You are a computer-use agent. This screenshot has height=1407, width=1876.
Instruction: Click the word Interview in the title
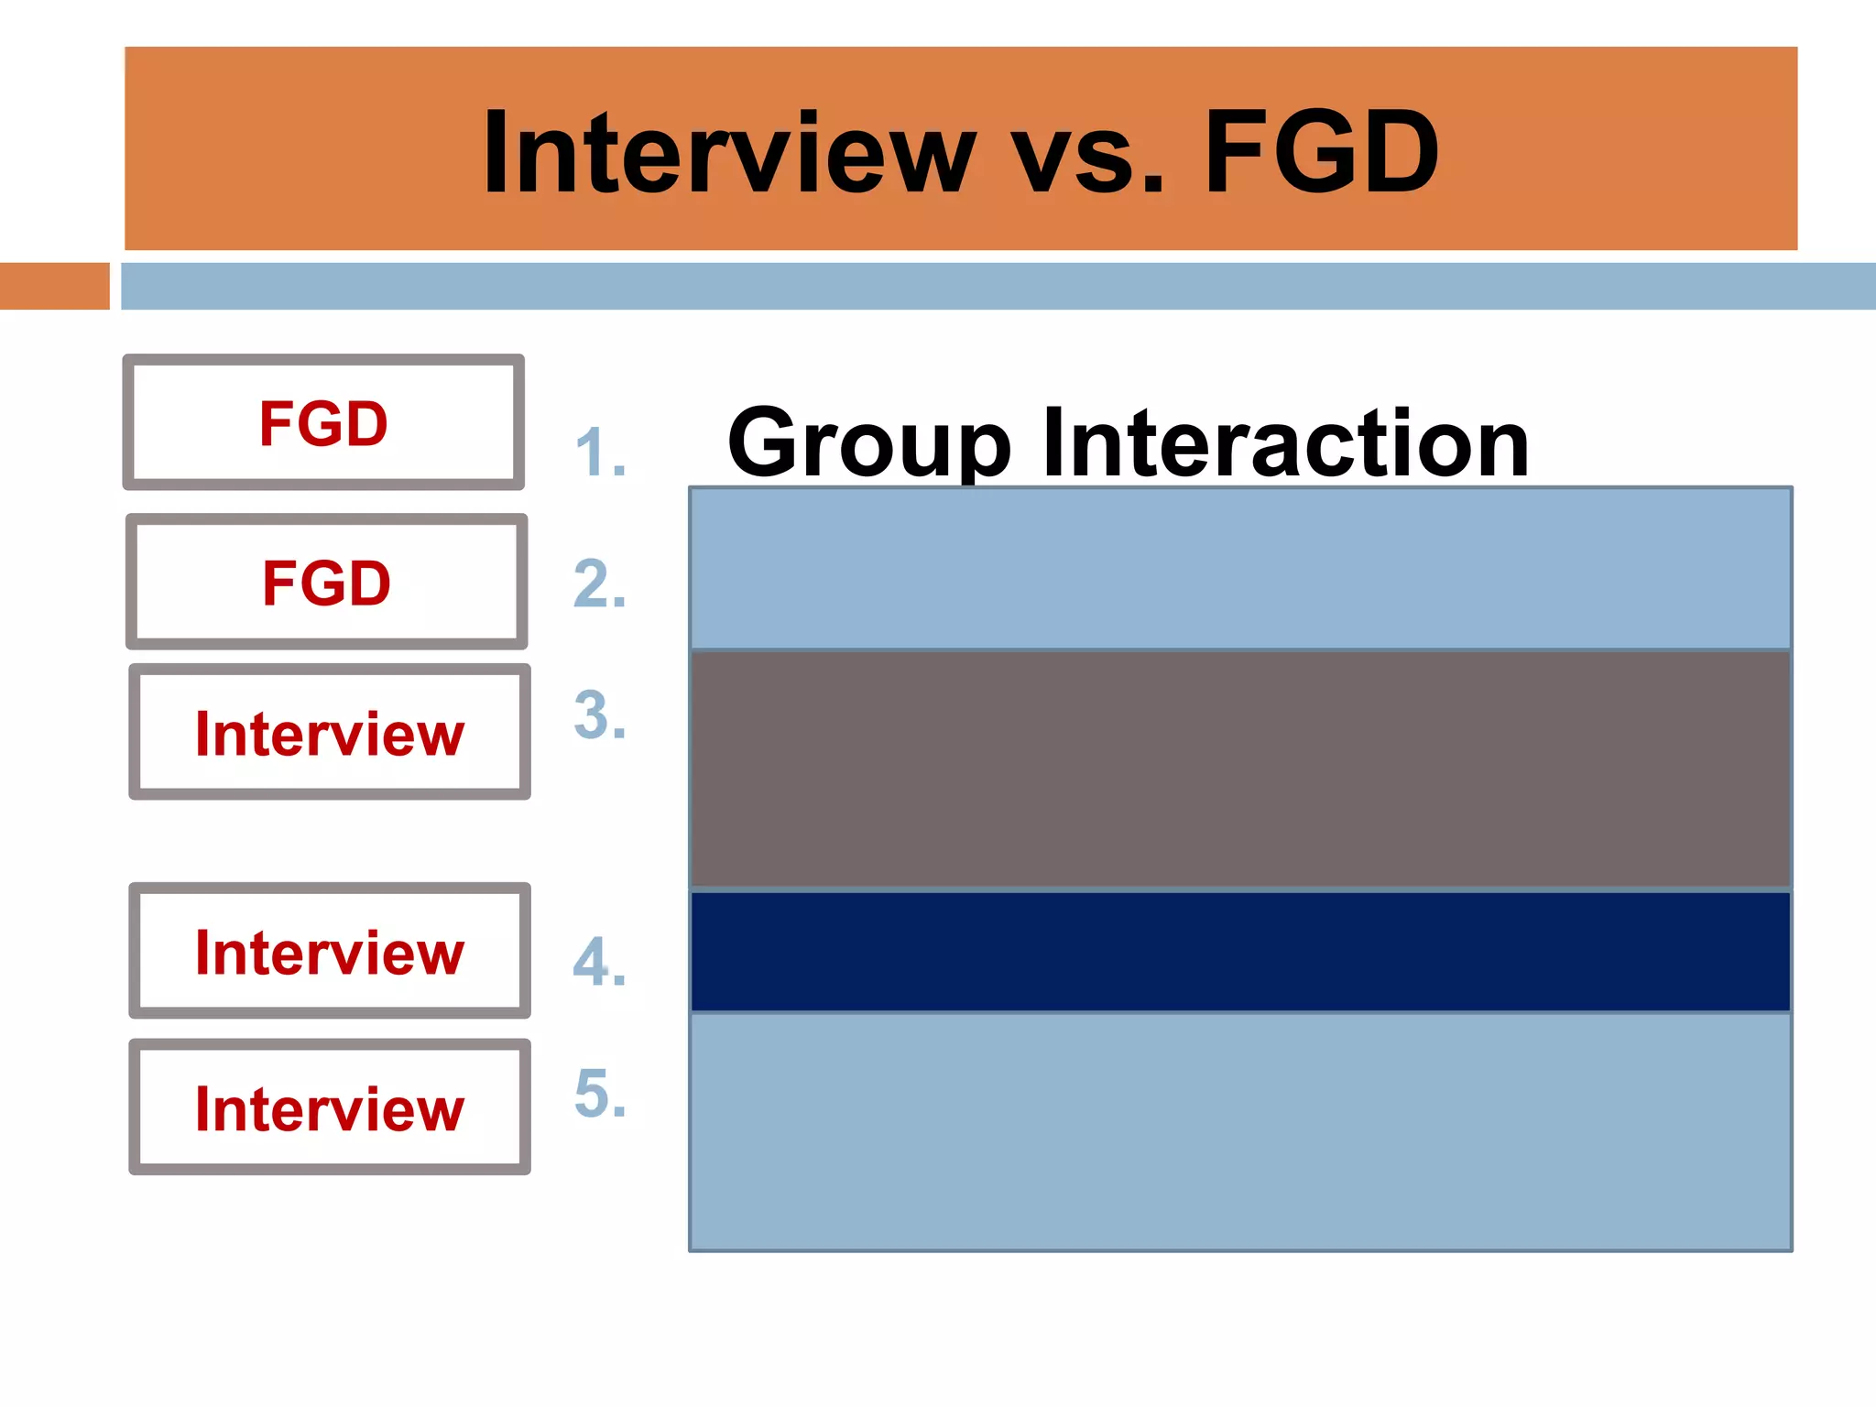[x=728, y=153]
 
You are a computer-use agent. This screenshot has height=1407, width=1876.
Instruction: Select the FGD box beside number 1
[x=323, y=423]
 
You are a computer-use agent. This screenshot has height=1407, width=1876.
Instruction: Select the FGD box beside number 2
[x=326, y=583]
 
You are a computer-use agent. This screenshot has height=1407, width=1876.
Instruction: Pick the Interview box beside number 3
[x=329, y=733]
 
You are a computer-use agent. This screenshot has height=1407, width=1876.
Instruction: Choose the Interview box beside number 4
[x=329, y=952]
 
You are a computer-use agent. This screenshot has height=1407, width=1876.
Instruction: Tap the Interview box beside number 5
[x=329, y=1107]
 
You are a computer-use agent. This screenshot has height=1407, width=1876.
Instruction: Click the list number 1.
[x=600, y=453]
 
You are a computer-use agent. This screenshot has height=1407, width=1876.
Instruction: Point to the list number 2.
[x=600, y=584]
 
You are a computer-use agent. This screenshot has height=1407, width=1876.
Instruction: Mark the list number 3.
[x=600, y=715]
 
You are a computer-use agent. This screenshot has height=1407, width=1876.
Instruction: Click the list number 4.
[x=600, y=962]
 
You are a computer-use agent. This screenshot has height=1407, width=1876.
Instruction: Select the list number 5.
[x=600, y=1093]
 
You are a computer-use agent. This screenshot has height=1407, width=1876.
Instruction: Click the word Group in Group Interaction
[x=868, y=445]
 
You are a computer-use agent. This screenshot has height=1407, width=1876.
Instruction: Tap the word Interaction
[x=1285, y=443]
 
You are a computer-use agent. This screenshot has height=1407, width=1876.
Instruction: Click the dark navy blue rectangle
[x=1240, y=952]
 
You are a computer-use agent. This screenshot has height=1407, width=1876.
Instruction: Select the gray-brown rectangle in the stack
[x=1240, y=769]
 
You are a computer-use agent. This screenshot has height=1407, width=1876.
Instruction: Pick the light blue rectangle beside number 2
[x=1240, y=568]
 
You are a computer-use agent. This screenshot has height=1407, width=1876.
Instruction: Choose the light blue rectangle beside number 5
[x=1240, y=1131]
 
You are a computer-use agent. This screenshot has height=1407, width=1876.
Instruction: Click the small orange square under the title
[x=54, y=286]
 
